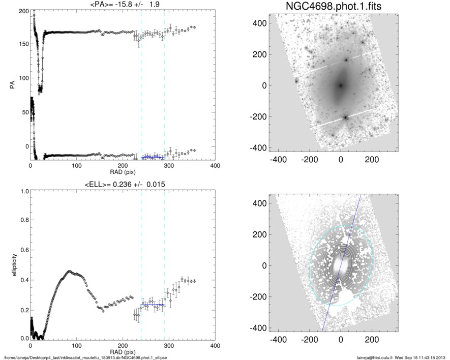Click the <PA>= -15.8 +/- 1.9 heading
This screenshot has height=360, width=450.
click(123, 5)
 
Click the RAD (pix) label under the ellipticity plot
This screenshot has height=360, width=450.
click(123, 351)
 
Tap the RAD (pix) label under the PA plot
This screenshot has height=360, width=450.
click(123, 172)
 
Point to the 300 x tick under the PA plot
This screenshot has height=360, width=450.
click(169, 166)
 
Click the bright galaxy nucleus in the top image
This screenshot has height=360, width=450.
click(340, 85)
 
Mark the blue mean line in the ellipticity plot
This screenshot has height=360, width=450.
click(153, 305)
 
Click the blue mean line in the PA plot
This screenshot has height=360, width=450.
click(153, 157)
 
